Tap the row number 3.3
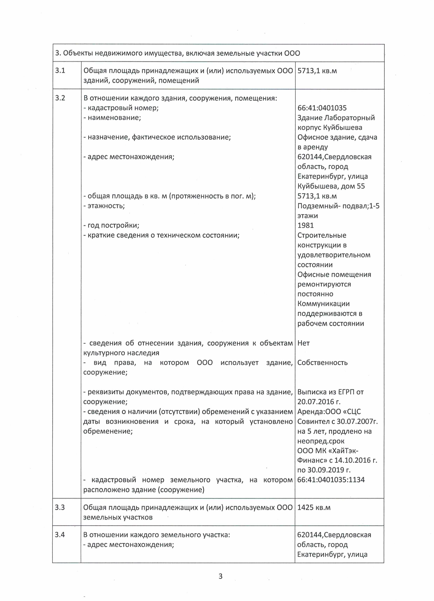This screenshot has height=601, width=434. coord(60,507)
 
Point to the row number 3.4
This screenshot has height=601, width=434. coord(60,535)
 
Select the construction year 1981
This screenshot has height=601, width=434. coord(305,225)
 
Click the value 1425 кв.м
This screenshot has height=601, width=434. coord(314,507)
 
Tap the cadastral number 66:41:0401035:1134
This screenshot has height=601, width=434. coord(331,479)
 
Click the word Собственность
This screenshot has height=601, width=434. coord(322,363)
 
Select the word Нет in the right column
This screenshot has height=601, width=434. coord(304,343)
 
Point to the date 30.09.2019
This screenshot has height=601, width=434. coord(325,470)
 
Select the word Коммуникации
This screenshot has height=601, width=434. coord(323,303)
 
